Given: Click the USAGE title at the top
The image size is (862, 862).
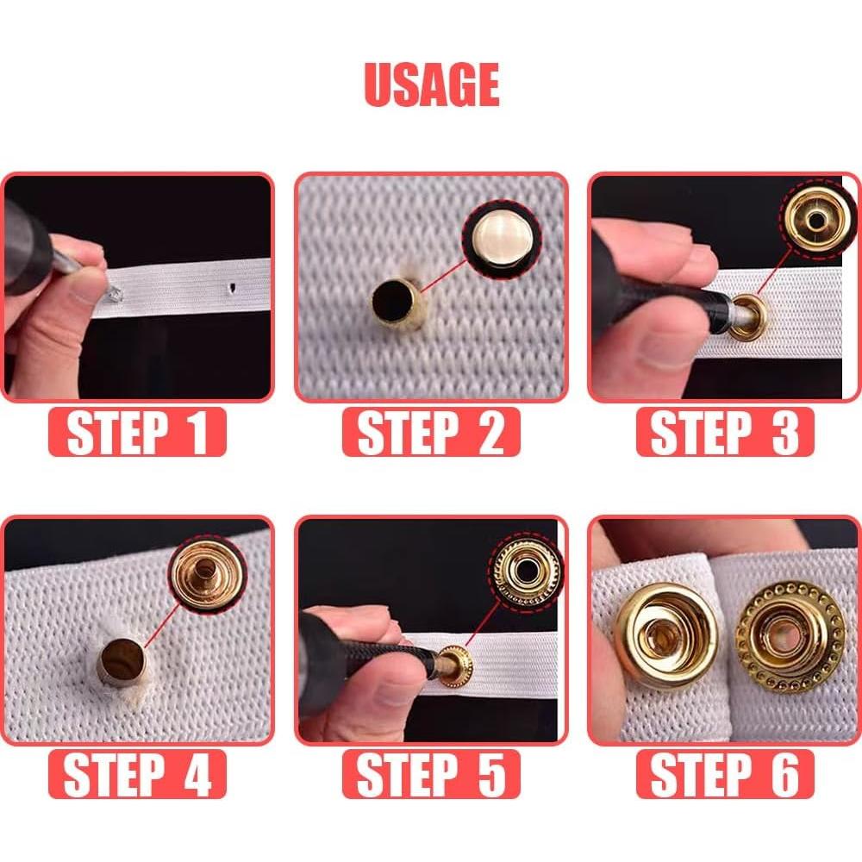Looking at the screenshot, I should coord(431,84).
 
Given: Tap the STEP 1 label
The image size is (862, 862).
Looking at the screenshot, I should coord(138,432).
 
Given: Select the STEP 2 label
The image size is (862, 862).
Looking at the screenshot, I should coord(431,432).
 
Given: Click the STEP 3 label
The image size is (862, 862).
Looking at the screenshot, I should coord(725,432).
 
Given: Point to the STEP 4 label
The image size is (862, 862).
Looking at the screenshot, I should coord(138,774).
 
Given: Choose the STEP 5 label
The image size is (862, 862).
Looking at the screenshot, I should coord(431,774).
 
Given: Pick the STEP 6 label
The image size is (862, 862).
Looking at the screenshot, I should coord(725,774).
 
